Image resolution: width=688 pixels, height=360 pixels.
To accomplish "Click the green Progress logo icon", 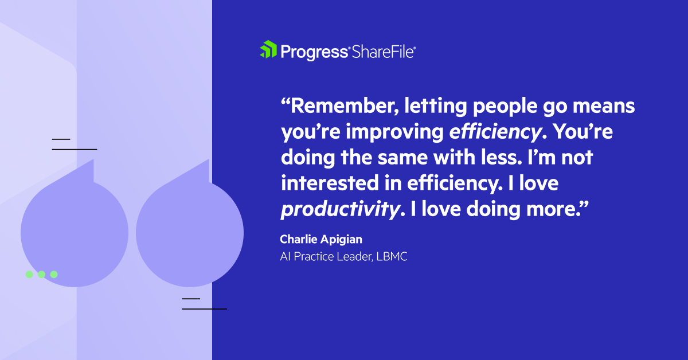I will click(x=268, y=50).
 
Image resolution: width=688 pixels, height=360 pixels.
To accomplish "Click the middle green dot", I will click(x=41, y=275).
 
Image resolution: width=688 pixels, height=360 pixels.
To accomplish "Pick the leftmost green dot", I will click(x=29, y=275).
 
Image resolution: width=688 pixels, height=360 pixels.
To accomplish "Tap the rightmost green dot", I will click(x=54, y=275).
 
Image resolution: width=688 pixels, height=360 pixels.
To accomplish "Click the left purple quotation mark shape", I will click(x=75, y=229).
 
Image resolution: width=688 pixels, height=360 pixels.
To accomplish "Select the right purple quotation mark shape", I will click(x=190, y=229).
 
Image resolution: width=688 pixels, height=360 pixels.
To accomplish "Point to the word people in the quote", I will click(x=503, y=108).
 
